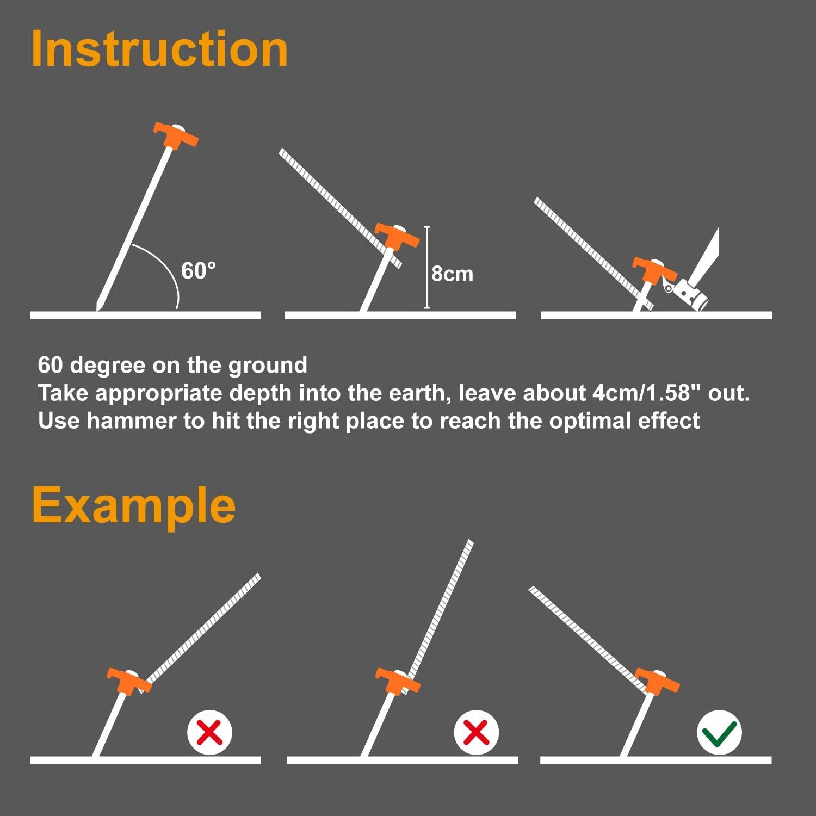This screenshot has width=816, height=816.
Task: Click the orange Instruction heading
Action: tap(159, 49)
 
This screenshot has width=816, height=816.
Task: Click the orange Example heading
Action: tap(134, 506)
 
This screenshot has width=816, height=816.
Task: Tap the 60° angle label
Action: tap(198, 270)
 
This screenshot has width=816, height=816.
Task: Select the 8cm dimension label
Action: tap(452, 274)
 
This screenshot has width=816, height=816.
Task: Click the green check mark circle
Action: tap(719, 733)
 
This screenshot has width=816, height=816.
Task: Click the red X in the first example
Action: tap(209, 733)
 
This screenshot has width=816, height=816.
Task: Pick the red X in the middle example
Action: tap(477, 733)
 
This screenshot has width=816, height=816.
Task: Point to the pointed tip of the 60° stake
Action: tap(98, 311)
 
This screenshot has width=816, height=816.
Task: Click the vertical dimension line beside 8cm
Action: tap(427, 268)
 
